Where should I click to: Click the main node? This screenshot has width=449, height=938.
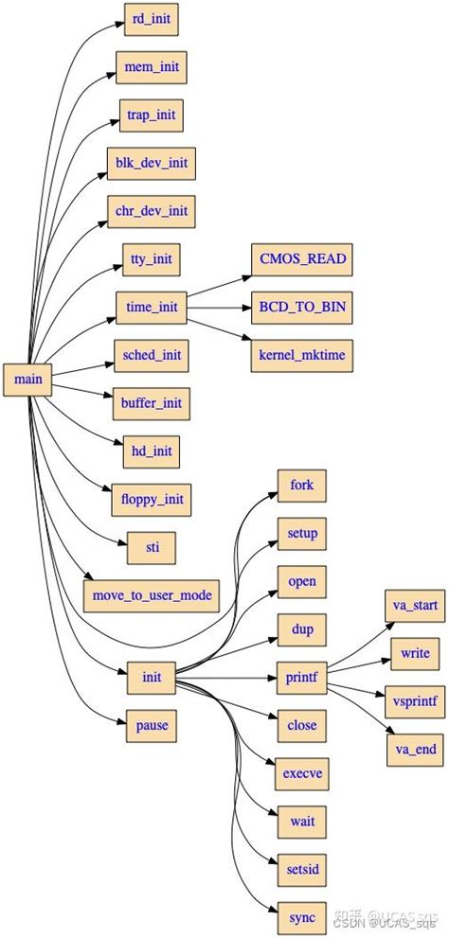[x=27, y=380]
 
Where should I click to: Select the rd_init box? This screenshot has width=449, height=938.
[x=152, y=19]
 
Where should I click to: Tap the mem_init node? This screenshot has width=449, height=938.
[x=152, y=67]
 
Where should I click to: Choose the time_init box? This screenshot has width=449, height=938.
[x=152, y=307]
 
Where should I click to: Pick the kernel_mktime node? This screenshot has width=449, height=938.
[x=302, y=354]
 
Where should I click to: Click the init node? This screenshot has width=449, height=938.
[x=152, y=677]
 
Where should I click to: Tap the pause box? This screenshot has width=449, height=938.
[x=152, y=725]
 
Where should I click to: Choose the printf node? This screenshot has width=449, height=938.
[x=302, y=677]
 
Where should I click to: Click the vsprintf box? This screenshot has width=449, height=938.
[x=415, y=701]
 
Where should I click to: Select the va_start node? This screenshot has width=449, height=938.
[x=415, y=606]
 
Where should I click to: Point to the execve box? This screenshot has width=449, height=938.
[x=302, y=773]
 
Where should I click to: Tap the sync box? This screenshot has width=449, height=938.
[x=302, y=916]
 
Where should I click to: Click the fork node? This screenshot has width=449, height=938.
[x=302, y=486]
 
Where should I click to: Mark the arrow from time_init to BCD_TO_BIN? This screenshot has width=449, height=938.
[x=219, y=307]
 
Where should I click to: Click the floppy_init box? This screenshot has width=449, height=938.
[x=152, y=499]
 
